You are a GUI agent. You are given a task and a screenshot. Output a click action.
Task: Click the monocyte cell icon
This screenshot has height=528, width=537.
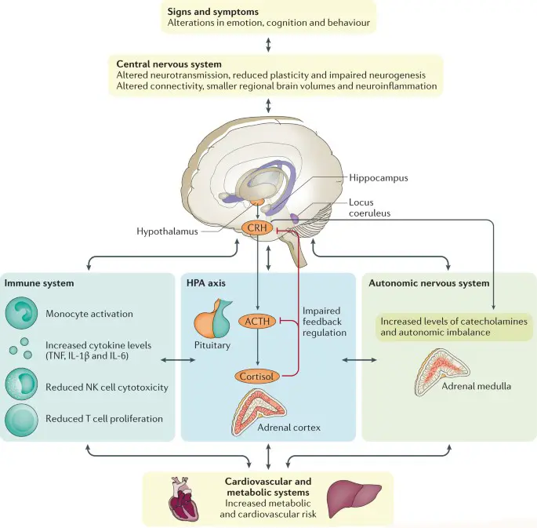tap(23, 314)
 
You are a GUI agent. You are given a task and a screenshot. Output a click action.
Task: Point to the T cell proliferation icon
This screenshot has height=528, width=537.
tap(23, 418)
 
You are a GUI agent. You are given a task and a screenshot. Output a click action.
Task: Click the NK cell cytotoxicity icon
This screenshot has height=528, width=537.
tap(23, 386)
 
